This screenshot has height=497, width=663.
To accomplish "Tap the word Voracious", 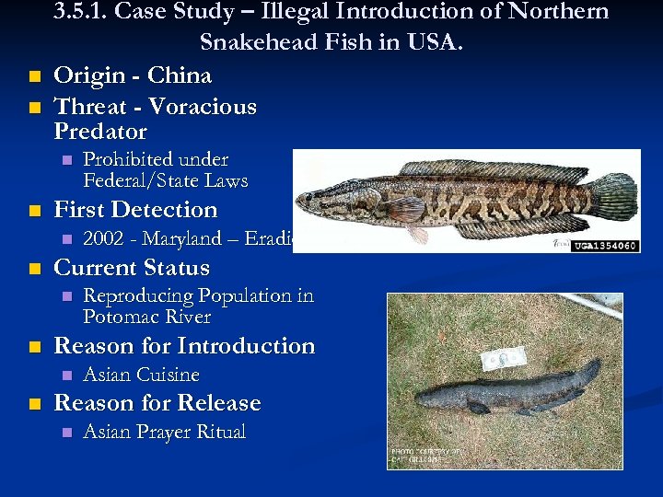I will point(203,107).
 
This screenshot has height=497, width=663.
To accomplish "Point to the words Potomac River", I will point(147,318).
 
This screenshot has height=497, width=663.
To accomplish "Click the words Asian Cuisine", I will point(142,375).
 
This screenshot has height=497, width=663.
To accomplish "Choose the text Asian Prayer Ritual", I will point(165,432).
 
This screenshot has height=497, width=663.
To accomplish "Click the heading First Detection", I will point(136,210).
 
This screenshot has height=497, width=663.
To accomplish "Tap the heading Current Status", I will point(132,269).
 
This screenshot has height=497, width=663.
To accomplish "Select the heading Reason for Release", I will point(157,403).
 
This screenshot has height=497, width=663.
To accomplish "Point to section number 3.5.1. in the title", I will point(79,12).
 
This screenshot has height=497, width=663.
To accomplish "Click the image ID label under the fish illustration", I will point(606,247).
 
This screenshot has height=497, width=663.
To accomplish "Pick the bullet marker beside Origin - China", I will point(34,76).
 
